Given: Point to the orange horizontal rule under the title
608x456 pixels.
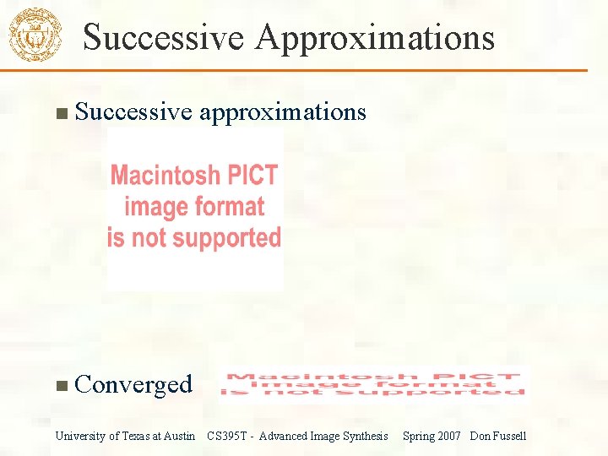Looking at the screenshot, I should (x=338, y=70).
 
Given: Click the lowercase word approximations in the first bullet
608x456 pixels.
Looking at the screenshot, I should (x=283, y=112).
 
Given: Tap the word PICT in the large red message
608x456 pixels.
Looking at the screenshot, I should (x=250, y=176).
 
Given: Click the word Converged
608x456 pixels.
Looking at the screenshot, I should (x=133, y=384).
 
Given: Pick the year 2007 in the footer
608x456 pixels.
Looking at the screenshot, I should (x=448, y=436).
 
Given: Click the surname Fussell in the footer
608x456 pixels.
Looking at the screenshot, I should (x=509, y=436).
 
